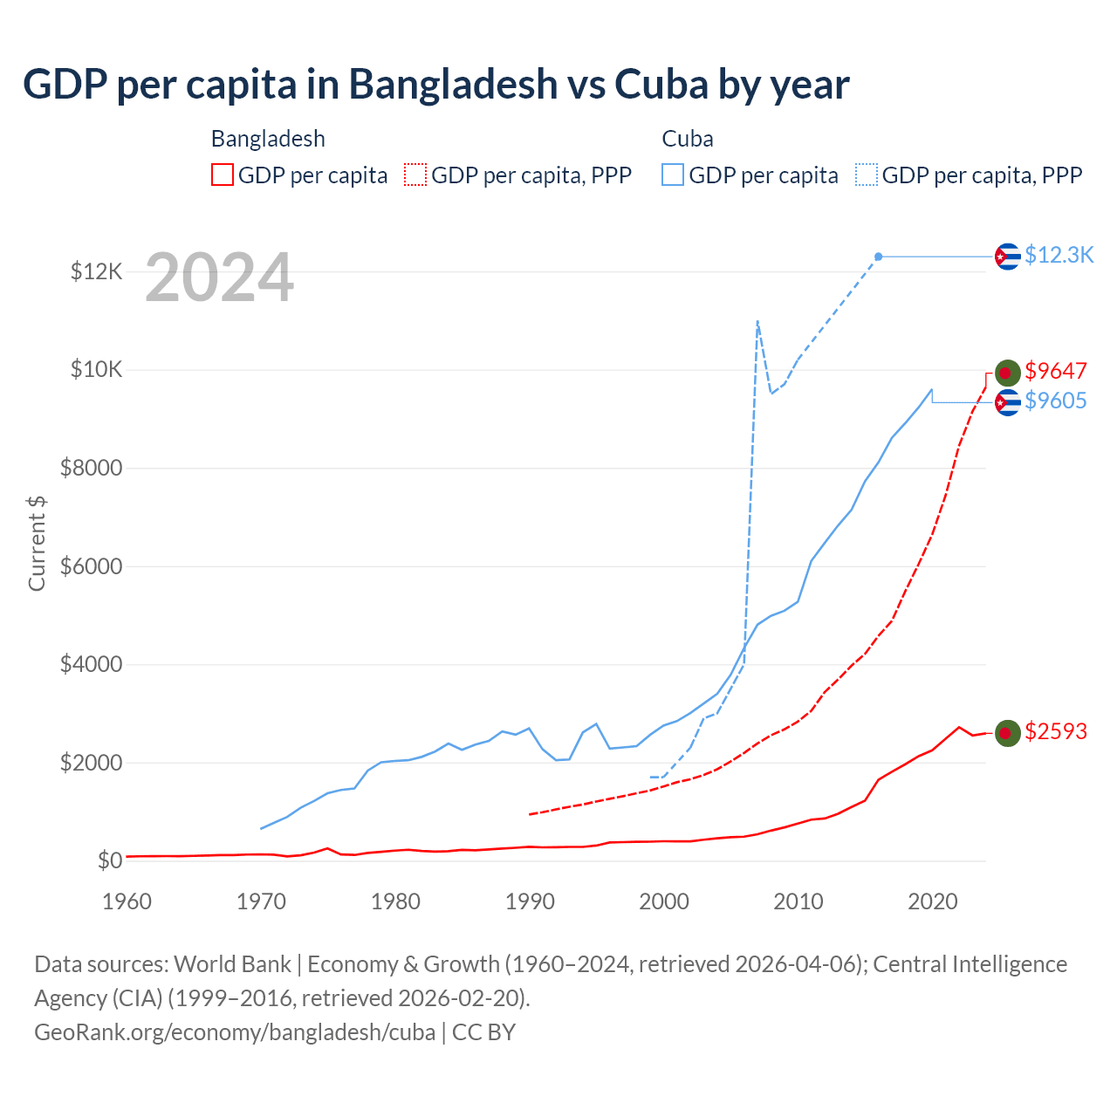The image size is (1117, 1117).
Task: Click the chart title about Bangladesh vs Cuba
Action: (x=435, y=85)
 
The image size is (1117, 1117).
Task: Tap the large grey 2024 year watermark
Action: (x=219, y=278)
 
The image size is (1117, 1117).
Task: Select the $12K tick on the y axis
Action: (x=96, y=272)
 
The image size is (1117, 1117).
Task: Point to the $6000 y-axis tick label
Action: (x=91, y=566)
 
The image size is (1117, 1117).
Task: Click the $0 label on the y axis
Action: (x=109, y=861)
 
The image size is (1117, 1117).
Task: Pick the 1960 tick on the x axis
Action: (x=127, y=901)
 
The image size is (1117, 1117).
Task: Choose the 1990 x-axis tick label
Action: (x=530, y=901)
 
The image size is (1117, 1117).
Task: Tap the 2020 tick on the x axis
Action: (x=933, y=901)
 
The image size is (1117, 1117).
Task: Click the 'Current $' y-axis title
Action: (x=37, y=543)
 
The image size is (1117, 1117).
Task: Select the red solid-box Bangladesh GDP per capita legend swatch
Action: (x=223, y=175)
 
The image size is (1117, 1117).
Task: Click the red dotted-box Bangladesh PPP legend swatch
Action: (x=415, y=175)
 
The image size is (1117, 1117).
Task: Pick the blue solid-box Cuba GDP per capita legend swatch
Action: (x=673, y=175)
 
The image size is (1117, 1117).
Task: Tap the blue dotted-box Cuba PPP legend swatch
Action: (x=867, y=175)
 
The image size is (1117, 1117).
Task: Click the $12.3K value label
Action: (x=1059, y=255)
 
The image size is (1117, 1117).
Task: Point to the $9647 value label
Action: (x=1056, y=371)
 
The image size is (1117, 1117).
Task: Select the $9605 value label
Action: (x=1056, y=401)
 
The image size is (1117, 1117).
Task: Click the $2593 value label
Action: (x=1056, y=731)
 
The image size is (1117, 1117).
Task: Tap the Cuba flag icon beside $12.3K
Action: (x=1008, y=257)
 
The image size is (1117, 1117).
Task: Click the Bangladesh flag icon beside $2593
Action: (x=1008, y=733)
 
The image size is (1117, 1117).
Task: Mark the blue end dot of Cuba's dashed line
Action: (x=879, y=257)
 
